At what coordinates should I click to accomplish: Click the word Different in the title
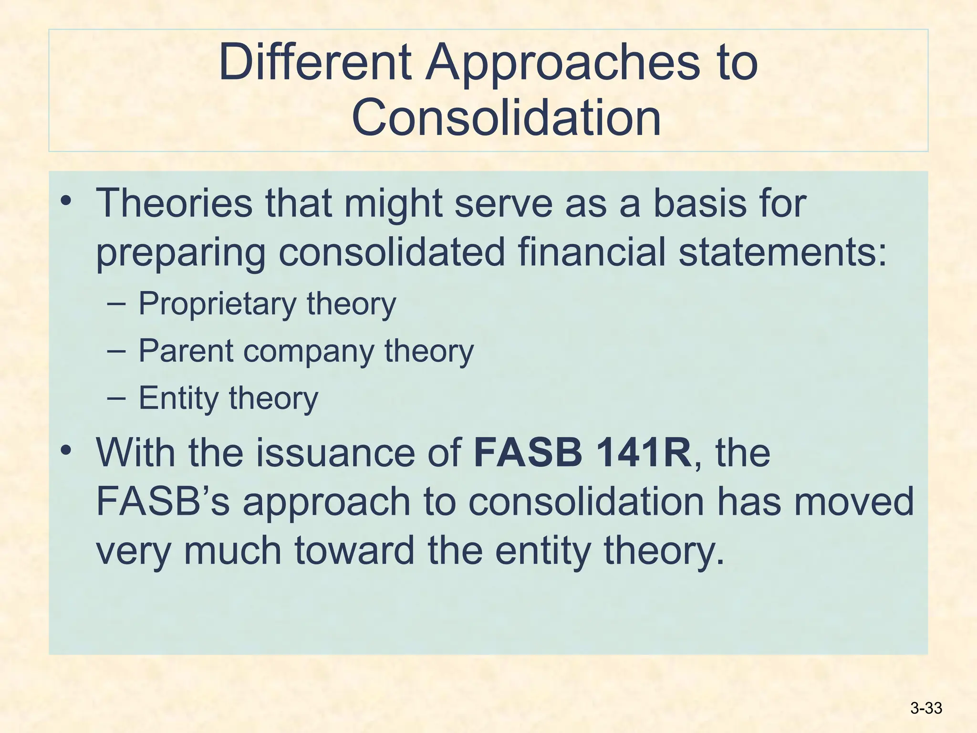point(315,62)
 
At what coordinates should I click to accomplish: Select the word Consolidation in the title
point(506,117)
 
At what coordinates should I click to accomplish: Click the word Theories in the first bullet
point(174,203)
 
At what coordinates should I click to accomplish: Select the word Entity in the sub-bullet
point(178,398)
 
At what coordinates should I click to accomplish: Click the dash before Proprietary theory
point(117,304)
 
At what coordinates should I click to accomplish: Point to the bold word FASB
point(528,452)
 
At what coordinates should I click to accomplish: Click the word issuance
point(335,452)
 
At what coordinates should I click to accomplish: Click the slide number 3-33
point(926,708)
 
